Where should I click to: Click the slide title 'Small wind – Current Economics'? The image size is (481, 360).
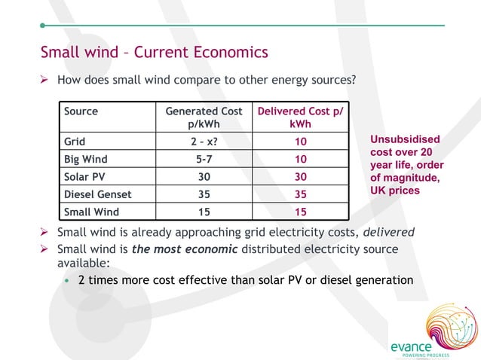154,53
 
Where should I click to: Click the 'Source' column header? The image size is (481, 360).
81,111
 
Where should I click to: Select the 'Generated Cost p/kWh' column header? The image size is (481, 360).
204,117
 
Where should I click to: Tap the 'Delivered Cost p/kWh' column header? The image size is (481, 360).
300,117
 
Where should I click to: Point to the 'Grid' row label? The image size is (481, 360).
74,140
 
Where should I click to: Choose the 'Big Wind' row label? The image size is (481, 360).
85,159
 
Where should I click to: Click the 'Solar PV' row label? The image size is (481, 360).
84,177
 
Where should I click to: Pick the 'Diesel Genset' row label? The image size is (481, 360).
97,195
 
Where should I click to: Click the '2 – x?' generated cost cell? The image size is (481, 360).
204,141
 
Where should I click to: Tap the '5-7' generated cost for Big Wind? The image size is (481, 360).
204,159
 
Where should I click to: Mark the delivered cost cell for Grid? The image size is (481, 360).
300,141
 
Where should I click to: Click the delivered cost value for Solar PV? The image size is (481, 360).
300,177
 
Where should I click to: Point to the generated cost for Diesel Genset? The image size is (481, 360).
204,195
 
